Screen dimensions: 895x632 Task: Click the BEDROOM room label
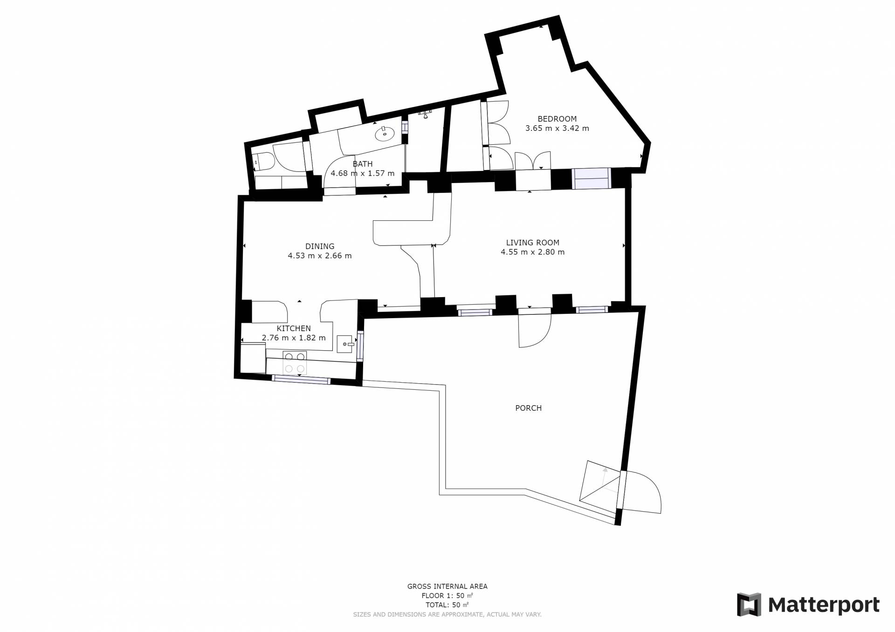557,119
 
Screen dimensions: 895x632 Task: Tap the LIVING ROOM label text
533,243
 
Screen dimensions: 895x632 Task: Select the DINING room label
320,246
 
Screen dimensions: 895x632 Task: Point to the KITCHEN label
294,328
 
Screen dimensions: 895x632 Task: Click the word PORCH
528,408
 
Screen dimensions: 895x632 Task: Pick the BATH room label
363,164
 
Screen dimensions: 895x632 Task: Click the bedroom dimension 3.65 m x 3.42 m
557,128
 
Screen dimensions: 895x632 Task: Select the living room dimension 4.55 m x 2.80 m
533,252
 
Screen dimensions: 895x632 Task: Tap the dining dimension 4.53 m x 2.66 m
320,256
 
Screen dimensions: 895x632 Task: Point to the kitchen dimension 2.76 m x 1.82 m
294,338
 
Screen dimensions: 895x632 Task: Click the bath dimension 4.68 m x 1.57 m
363,173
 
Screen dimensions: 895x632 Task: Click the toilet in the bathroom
263,163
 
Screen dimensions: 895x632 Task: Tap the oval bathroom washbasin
385,134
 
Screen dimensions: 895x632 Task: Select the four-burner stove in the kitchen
295,363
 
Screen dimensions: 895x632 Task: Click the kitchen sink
346,344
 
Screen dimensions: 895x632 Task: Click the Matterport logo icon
749,605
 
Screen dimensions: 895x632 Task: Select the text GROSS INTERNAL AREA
447,586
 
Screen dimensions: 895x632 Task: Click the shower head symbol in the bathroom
425,114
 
